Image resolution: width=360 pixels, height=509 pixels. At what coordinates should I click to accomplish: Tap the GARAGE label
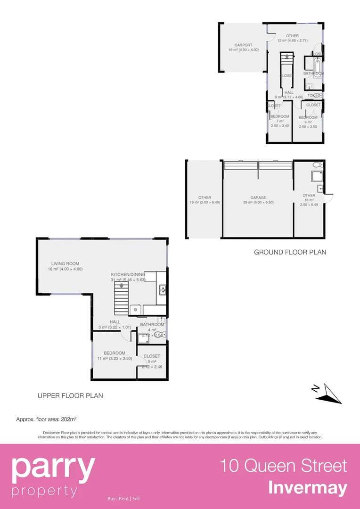pyautogui.click(x=258, y=198)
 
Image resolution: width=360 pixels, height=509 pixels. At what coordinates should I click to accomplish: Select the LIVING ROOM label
pyautogui.click(x=65, y=264)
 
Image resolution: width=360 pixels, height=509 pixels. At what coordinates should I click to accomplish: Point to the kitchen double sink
pyautogui.click(x=162, y=290)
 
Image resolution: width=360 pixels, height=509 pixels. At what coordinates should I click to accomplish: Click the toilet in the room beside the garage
pyautogui.click(x=316, y=165)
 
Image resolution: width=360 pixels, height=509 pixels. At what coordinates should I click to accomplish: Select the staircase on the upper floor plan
pyautogui.click(x=122, y=298)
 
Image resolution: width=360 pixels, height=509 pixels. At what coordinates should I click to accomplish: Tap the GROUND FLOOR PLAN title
pyautogui.click(x=290, y=252)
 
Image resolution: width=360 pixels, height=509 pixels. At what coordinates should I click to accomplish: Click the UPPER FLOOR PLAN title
pyautogui.click(x=70, y=396)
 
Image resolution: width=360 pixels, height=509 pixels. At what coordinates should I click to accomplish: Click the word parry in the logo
pyautogui.click(x=53, y=468)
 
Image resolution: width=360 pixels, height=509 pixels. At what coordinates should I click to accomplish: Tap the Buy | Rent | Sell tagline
pyautogui.click(x=123, y=499)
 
